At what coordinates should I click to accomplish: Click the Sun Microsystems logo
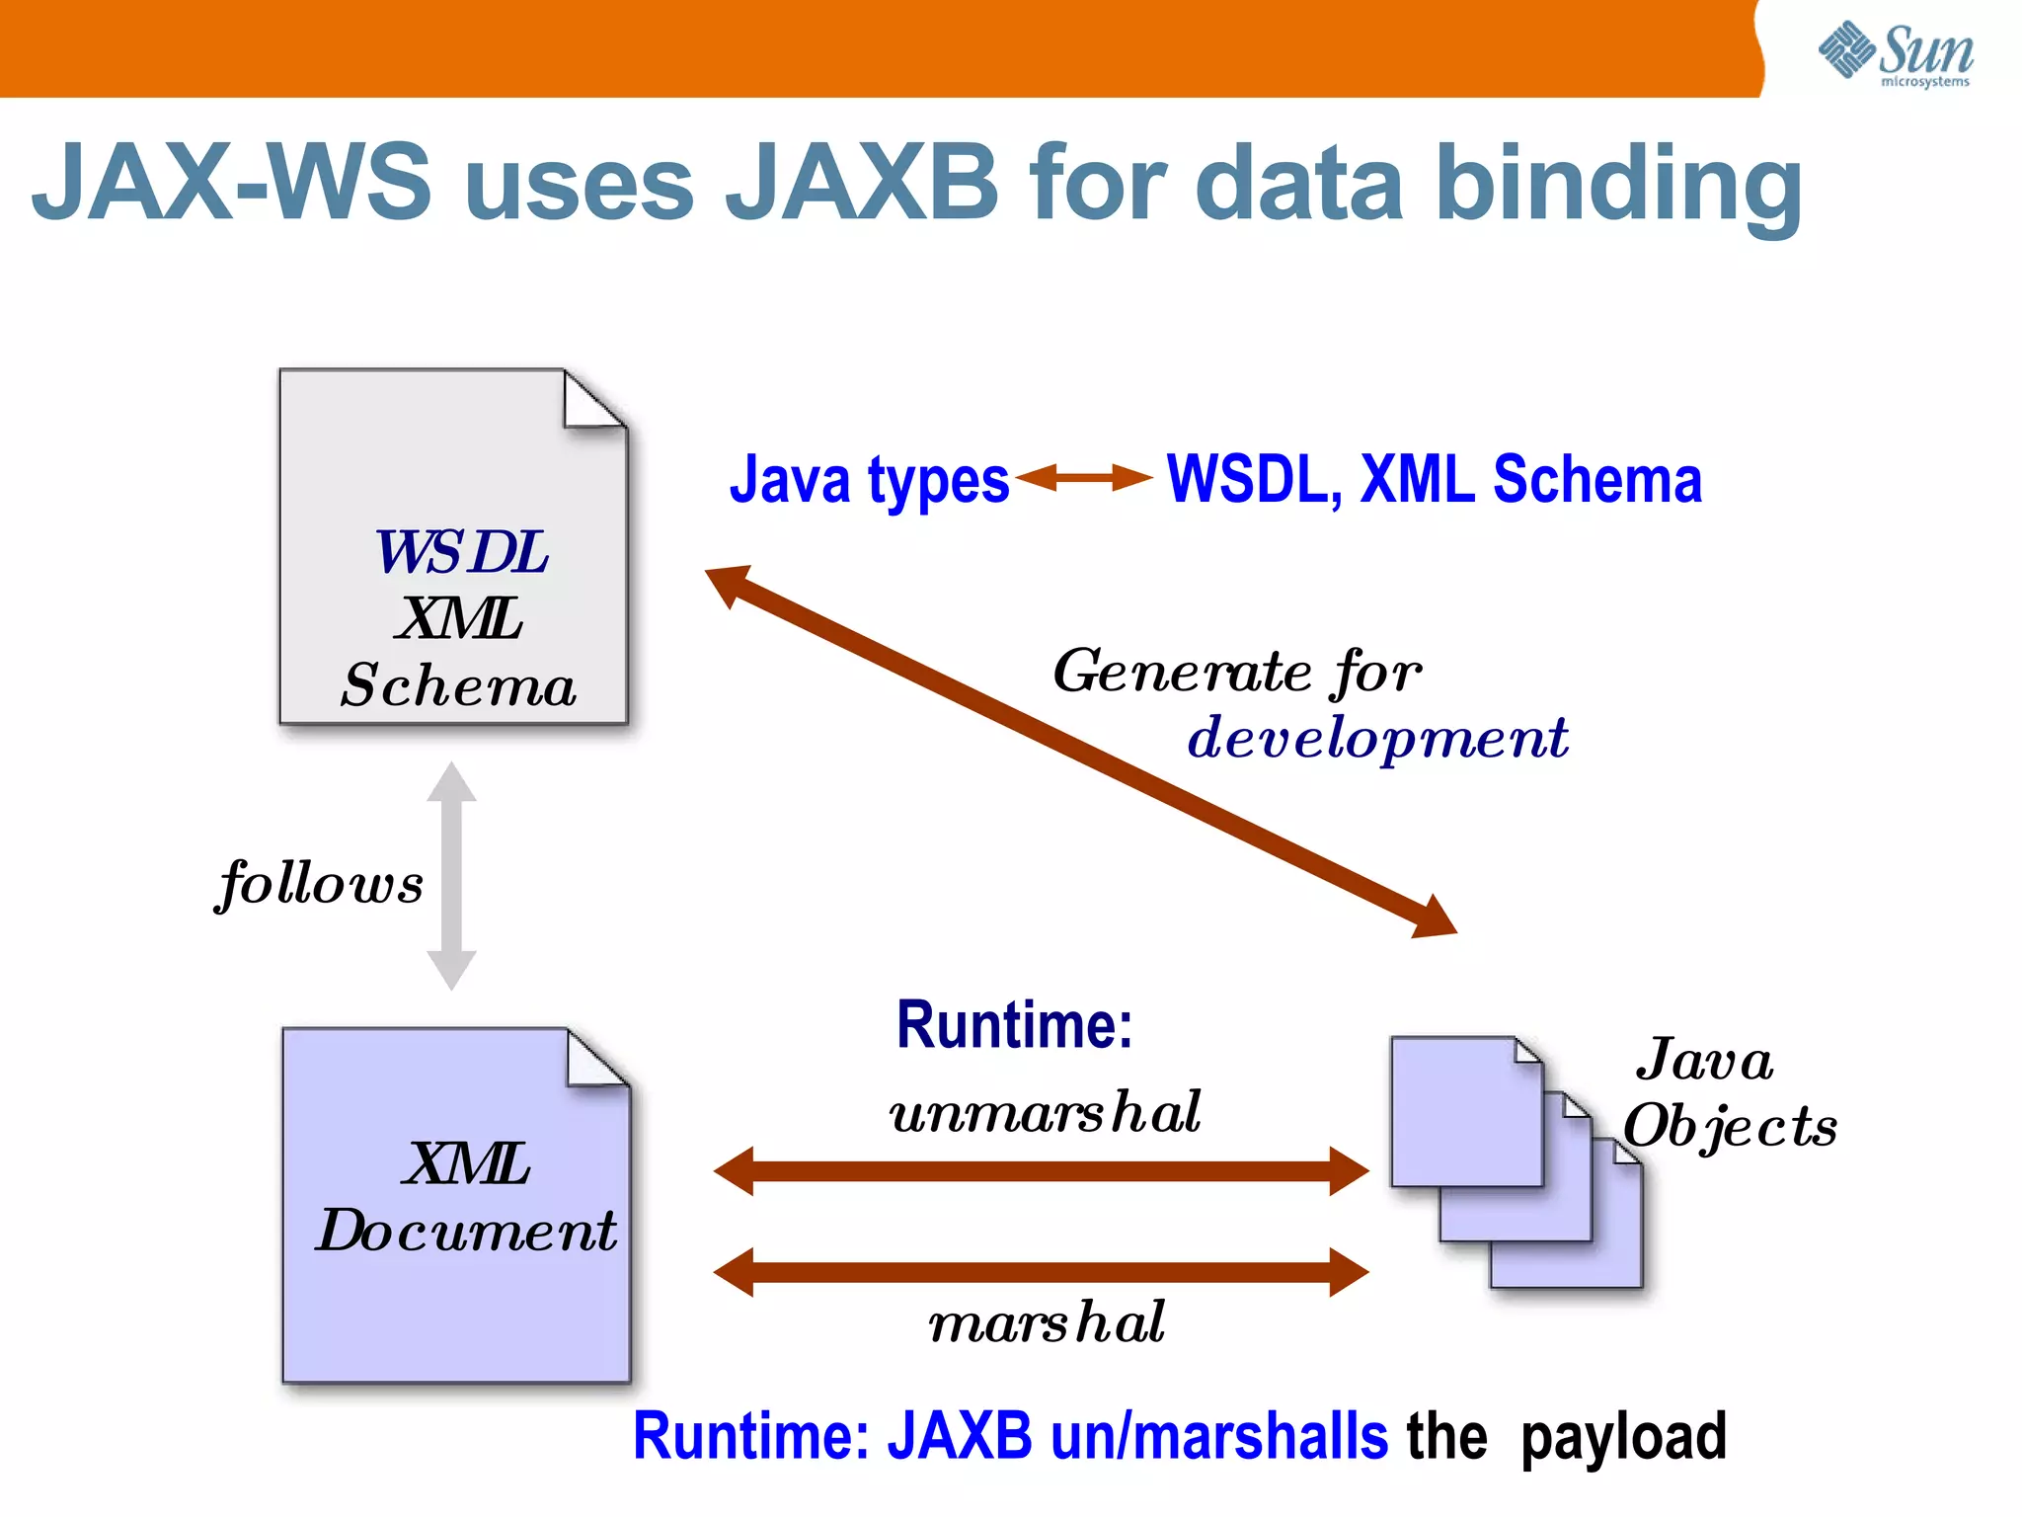1896,54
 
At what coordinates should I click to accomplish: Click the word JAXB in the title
862,183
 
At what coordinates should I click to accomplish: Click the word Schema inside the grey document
458,685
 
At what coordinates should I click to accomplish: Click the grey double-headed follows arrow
452,875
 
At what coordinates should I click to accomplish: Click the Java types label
869,480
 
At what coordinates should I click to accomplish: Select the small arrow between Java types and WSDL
1084,478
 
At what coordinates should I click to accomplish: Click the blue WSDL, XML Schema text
1434,480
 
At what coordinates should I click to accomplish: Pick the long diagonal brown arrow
1081,751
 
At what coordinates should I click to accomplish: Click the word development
1377,738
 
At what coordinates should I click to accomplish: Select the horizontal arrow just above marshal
1041,1271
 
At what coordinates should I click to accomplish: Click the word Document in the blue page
466,1231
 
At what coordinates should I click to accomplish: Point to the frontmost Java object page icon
1466,1112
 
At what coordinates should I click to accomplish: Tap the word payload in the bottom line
1623,1436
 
